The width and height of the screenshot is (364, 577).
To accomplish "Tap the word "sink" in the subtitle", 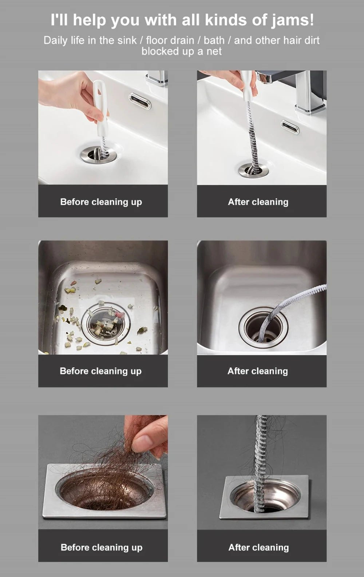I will tap(127, 40).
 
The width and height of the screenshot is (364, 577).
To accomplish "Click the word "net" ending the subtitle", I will tap(214, 52).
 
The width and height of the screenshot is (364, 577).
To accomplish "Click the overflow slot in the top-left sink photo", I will tap(140, 101).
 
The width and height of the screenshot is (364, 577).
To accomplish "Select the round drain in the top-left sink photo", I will tap(99, 155).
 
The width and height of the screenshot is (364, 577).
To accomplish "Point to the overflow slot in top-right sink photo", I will tap(290, 127).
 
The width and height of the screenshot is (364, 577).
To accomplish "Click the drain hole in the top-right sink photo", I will tap(253, 170).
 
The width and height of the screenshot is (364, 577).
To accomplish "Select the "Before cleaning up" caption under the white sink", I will tap(101, 202).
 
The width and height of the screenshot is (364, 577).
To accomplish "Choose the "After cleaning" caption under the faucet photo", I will tap(258, 202).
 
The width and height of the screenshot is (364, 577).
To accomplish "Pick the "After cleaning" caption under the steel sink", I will tap(258, 371).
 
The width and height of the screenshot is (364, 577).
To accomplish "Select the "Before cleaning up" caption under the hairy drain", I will tap(102, 548).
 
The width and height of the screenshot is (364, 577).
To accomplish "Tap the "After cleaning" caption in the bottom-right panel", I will tap(258, 548).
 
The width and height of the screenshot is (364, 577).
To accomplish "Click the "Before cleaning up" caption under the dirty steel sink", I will tap(100, 371).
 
